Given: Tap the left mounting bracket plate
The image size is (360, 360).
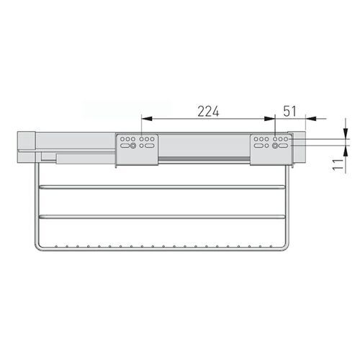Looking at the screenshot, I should tap(138, 149).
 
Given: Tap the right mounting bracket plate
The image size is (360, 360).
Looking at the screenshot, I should tap(271, 149).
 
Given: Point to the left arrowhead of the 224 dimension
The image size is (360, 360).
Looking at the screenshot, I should tap(144, 118).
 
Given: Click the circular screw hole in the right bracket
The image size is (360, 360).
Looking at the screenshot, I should tap(276, 146).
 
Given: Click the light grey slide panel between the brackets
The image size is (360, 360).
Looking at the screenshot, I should tap(205, 148).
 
